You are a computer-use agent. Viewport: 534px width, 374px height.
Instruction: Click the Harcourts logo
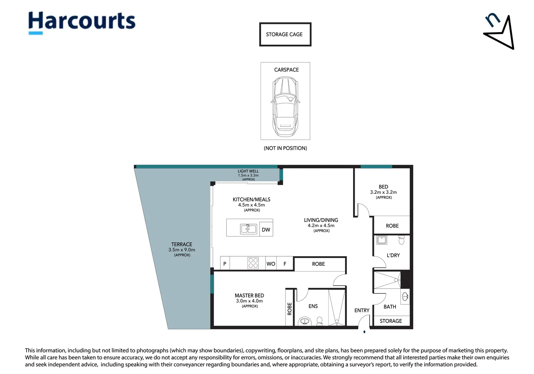pos(82,23)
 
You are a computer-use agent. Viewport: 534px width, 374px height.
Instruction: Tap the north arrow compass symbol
pos(499,32)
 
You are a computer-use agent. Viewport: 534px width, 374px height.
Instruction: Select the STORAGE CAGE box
pos(285,34)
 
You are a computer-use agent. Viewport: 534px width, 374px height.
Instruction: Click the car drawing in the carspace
pos(286,107)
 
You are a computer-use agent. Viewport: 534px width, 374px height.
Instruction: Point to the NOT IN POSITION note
pos(286,148)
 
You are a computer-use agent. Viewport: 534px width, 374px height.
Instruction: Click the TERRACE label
pos(182,244)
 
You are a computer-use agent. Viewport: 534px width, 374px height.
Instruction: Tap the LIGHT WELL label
pos(248,171)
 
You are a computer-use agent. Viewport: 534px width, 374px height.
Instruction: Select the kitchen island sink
pos(248,229)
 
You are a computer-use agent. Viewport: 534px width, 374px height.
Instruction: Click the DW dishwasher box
pos(266,229)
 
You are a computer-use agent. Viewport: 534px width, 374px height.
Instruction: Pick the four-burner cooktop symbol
pos(253,263)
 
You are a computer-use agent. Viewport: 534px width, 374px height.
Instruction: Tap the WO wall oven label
pos(271,264)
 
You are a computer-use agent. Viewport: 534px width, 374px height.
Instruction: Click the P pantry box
pos(225,263)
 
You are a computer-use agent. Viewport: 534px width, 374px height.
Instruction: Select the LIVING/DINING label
pos(321,220)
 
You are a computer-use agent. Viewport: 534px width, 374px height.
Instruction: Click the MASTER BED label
pos(250,295)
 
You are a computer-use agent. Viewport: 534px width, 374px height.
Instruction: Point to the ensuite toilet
pos(319,321)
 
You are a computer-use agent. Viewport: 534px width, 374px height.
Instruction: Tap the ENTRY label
pos(362,310)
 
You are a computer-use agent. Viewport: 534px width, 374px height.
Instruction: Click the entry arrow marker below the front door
pos(364,331)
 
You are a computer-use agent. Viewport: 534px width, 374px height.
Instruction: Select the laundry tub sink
pos(382,240)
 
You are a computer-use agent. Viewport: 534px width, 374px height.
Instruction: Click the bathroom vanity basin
pos(405,297)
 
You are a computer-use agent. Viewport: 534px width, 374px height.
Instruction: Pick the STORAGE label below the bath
pos(391,321)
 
